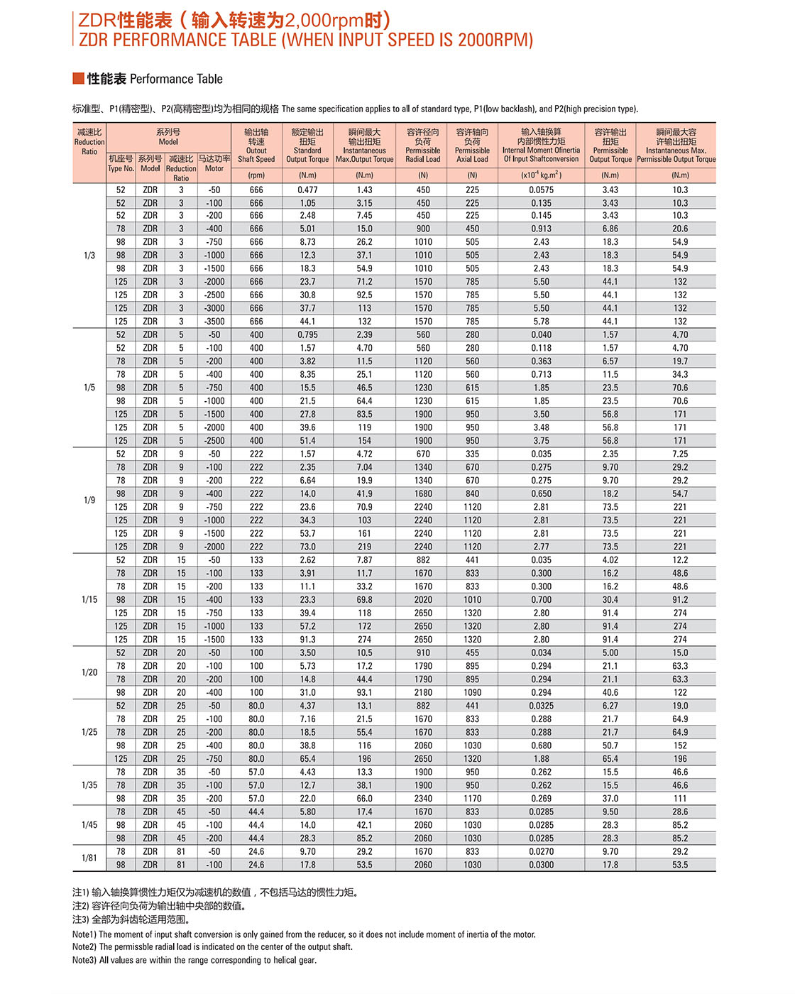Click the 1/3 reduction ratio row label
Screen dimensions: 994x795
[89, 256]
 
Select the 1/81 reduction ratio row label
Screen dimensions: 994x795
[89, 858]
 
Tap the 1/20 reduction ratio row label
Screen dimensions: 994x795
[89, 672]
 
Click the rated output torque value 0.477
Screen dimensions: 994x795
[307, 190]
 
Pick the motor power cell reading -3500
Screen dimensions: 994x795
[214, 322]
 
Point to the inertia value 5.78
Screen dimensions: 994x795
[541, 322]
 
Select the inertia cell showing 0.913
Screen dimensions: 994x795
[541, 229]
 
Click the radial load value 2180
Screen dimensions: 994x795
[423, 692]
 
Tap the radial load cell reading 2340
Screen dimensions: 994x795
[423, 799]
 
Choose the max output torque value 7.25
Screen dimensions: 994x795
[680, 454]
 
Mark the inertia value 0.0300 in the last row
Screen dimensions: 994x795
[541, 865]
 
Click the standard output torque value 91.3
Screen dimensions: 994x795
[307, 640]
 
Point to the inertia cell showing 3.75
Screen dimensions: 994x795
[541, 441]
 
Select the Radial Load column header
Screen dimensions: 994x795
[423, 146]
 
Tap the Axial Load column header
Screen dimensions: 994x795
[472, 146]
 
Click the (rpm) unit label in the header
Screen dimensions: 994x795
[256, 175]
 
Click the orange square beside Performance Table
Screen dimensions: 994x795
[78, 78]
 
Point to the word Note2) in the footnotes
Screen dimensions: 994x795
[84, 947]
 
